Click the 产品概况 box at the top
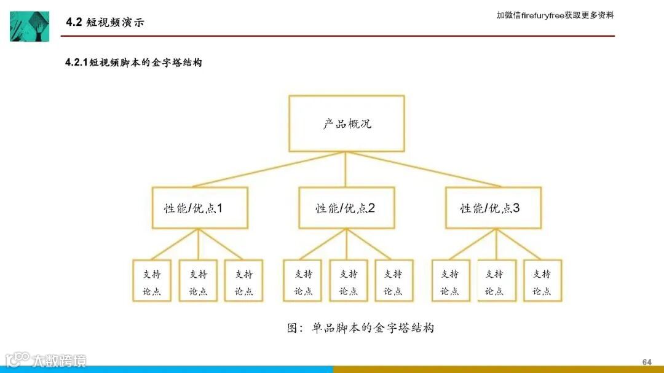coord(347,124)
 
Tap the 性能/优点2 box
coord(346,208)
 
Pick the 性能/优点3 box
coord(493,208)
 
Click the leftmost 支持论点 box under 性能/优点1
coord(152,281)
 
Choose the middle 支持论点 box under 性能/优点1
coord(198,281)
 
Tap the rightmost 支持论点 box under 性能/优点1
coord(243,281)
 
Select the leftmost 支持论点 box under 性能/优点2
coord(303,281)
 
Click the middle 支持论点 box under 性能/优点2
coord(349,281)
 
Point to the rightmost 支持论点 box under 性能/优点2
coord(393,281)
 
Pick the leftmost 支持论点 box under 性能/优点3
coord(451,281)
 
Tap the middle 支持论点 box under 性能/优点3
coord(496,281)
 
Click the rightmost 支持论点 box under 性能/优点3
coord(542,281)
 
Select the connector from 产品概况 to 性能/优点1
coord(271,170)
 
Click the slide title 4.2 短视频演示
coord(105,23)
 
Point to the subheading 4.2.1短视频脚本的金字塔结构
coord(133,63)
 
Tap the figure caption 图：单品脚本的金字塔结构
coord(360,328)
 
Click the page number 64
coord(646,361)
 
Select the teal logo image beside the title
coord(29,26)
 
